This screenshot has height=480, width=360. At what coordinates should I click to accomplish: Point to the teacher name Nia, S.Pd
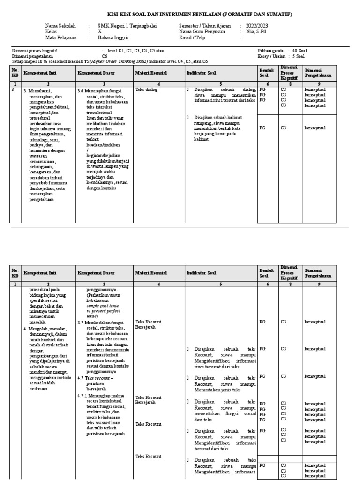255,32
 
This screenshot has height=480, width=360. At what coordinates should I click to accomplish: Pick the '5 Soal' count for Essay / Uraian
298,56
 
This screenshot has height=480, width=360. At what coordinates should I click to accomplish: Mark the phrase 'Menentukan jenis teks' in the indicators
217,390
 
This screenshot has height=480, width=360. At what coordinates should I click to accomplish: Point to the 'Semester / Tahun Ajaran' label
202,26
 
